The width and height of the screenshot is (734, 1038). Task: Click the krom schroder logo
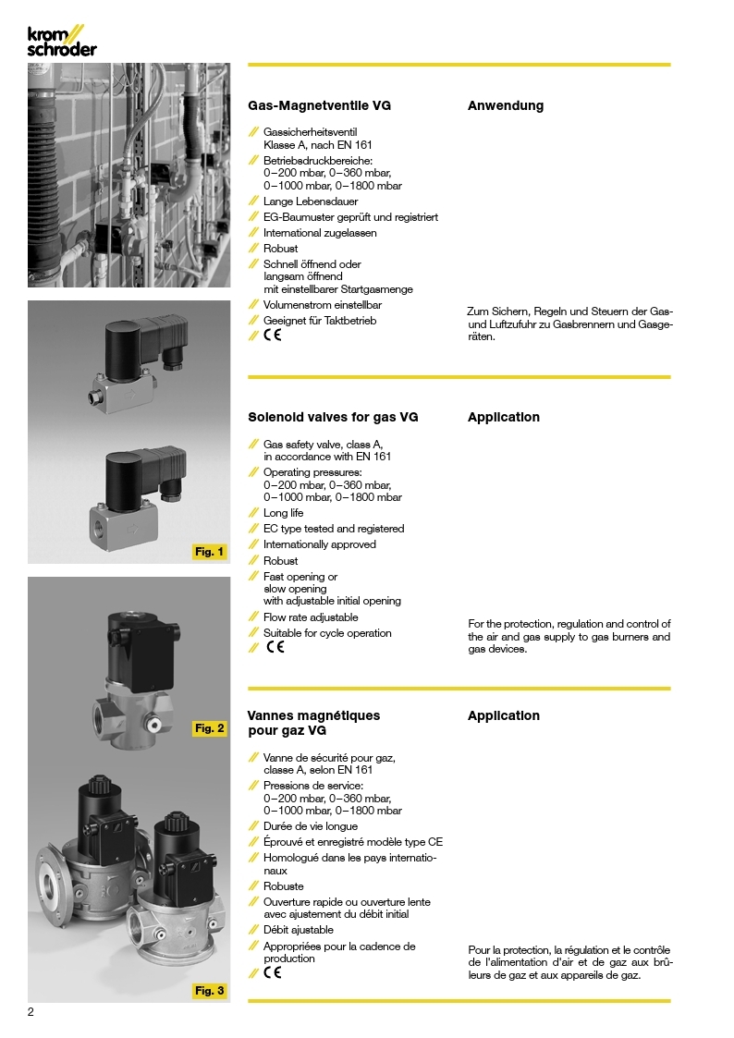(61, 42)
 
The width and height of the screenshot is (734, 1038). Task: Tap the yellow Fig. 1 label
(209, 552)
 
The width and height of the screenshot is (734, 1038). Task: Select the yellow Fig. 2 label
(209, 728)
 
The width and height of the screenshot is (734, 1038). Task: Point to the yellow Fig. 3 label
(209, 991)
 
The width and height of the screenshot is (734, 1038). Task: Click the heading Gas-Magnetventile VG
(320, 105)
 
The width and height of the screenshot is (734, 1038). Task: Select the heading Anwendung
(506, 105)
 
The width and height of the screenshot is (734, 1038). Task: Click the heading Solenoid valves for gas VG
(333, 417)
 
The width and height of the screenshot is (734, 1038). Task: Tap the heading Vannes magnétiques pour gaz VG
(314, 723)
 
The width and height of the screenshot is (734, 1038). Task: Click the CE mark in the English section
(275, 647)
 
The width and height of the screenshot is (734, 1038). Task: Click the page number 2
(31, 1012)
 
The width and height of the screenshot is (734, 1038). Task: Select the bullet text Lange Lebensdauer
(311, 201)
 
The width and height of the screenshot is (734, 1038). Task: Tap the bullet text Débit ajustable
(299, 930)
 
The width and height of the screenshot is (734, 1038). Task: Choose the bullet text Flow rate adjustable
(311, 617)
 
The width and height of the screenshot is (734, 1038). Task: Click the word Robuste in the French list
(284, 886)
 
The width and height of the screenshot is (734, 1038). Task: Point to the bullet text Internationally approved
(320, 544)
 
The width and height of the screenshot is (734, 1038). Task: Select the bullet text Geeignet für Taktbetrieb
(320, 321)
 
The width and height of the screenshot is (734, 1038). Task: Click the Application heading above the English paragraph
(504, 417)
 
